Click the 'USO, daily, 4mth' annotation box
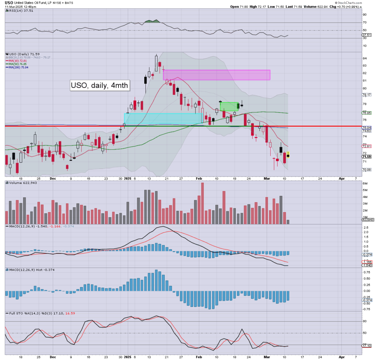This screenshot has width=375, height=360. tap(100, 86)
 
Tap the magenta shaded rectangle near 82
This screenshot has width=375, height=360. tap(216, 75)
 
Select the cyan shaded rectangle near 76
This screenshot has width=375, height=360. tap(163, 118)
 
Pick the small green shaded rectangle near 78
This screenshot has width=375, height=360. tap(230, 107)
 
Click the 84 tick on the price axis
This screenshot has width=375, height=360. tap(364, 58)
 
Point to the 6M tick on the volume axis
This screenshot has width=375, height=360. tap(365, 183)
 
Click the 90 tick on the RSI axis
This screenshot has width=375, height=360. tap(364, 15)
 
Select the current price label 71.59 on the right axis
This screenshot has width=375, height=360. tap(367, 156)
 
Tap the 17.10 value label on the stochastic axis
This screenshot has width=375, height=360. tap(367, 346)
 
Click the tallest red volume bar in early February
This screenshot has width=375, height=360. tap(202, 203)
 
